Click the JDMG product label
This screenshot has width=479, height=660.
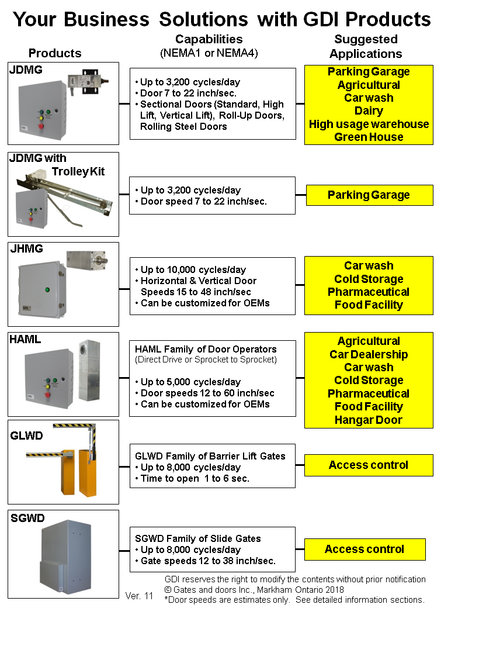point(27,71)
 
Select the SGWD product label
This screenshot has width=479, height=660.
point(27,518)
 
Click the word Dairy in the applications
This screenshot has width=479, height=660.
point(369,111)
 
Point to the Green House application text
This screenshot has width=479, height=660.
point(369,137)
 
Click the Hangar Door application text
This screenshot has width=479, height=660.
point(369,420)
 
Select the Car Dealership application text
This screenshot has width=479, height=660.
point(369,354)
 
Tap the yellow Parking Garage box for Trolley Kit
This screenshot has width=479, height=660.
point(369,195)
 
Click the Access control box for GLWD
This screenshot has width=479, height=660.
point(369,465)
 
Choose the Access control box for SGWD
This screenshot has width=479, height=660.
point(365,550)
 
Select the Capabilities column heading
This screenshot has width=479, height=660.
point(209,40)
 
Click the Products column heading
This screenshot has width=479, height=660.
point(55,53)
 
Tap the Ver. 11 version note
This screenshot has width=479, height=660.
point(139,596)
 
